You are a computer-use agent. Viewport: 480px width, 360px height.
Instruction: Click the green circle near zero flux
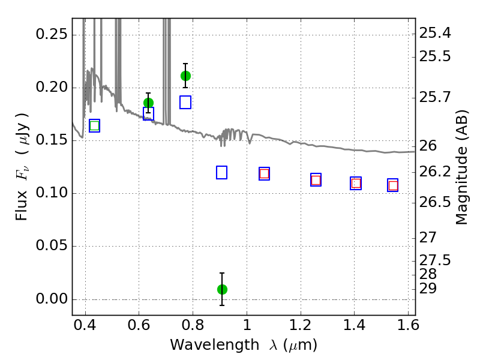(222, 289)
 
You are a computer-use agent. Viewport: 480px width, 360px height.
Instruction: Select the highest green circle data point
(185, 76)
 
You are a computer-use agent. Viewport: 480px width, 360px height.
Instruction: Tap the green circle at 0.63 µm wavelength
(148, 103)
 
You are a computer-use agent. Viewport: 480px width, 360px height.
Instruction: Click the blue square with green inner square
(94, 125)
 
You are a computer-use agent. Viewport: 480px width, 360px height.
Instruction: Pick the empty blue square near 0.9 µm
(221, 172)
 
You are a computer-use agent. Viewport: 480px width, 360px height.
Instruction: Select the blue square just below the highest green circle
(185, 102)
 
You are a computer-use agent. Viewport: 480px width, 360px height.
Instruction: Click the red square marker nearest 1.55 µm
(393, 185)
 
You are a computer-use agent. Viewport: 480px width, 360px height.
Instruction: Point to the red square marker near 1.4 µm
(356, 183)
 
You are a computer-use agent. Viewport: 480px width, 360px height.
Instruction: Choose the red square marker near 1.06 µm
(264, 174)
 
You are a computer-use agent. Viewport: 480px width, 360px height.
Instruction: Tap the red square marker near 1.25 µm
(316, 180)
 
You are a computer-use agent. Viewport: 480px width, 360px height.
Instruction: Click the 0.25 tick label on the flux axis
(52, 34)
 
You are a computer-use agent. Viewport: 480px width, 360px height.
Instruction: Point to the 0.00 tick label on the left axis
(52, 299)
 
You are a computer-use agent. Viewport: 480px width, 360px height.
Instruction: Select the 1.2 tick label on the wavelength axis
(301, 325)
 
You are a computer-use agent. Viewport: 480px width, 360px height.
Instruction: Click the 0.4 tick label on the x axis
(85, 325)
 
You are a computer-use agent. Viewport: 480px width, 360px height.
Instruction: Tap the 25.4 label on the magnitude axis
(434, 33)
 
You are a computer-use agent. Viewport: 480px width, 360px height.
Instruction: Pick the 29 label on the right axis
(428, 289)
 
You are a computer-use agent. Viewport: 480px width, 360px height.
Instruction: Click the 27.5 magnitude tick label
(434, 260)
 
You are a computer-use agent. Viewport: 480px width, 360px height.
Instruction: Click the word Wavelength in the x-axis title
(215, 345)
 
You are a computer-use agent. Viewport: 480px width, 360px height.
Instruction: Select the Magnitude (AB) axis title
(461, 167)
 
